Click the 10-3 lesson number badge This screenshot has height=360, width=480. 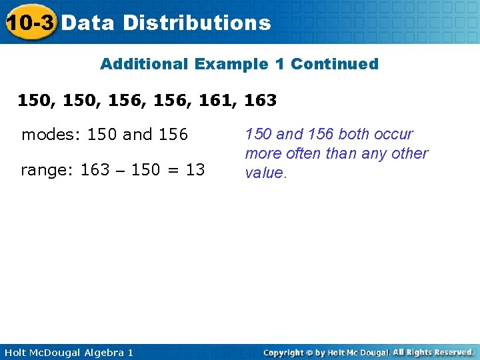tap(29, 23)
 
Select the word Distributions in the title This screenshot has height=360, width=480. tap(197, 23)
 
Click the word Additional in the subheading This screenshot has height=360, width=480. tap(144, 64)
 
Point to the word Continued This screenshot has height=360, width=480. tap(335, 64)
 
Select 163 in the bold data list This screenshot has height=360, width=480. tap(261, 101)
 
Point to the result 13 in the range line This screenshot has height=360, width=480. tap(195, 170)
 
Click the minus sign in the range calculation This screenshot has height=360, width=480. tap(121, 171)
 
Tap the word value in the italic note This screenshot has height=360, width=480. tap(264, 173)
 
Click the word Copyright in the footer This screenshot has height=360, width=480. tap(283, 352)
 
